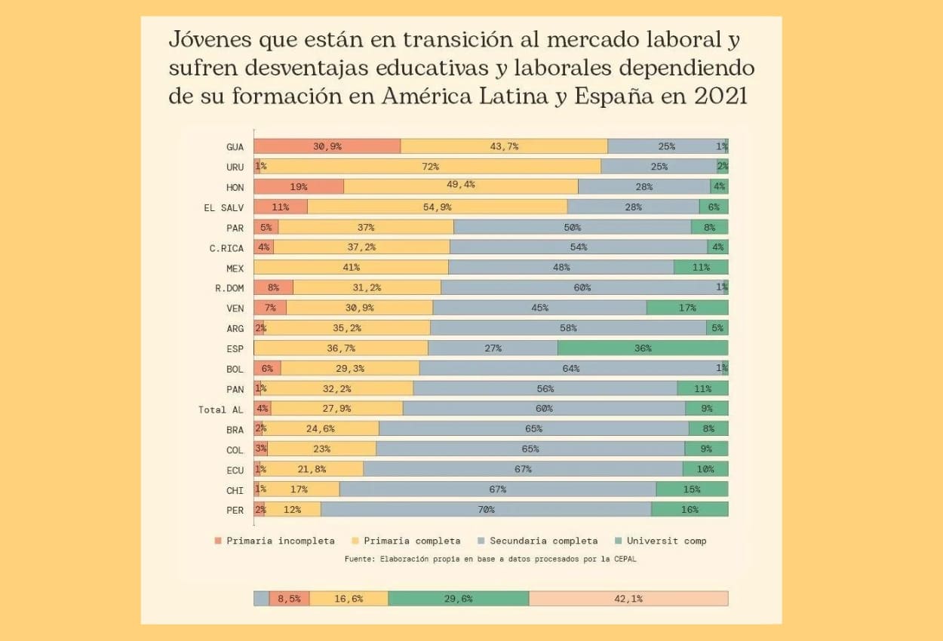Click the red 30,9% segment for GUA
tap(327, 146)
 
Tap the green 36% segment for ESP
tap(643, 348)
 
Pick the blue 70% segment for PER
tap(486, 509)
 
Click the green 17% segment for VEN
tap(687, 308)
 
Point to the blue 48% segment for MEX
tap(561, 267)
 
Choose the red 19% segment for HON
tap(299, 186)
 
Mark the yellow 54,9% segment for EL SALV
tap(438, 207)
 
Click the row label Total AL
tap(221, 409)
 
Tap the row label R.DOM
tap(229, 288)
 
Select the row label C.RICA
tap(226, 247)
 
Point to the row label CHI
tap(235, 490)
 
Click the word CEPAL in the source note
tap(623, 559)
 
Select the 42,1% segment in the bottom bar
tap(628, 599)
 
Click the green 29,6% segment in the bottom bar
tap(459, 599)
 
